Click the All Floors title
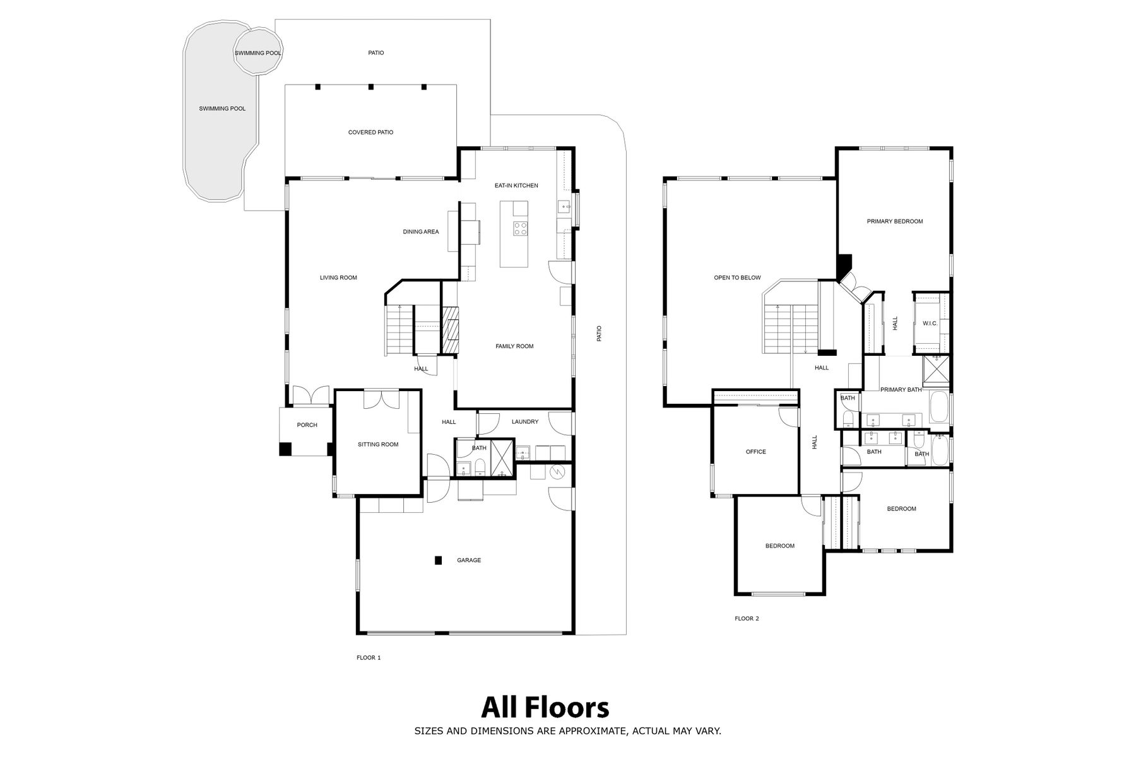click(x=545, y=707)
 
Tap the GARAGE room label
click(x=469, y=560)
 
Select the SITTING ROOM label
click(x=378, y=445)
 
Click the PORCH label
click(x=307, y=425)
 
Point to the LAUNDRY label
click(x=525, y=421)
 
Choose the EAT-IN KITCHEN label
click(x=516, y=185)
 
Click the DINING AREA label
click(x=421, y=232)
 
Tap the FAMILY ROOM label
click(x=514, y=346)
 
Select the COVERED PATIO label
click(x=370, y=132)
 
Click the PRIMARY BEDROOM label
click(x=895, y=221)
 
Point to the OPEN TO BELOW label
click(x=737, y=278)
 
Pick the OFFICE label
click(x=755, y=452)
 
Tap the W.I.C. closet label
click(x=930, y=324)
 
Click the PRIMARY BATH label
click(x=901, y=390)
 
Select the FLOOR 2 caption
click(x=747, y=619)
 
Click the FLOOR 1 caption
click(x=369, y=658)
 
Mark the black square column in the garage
click(x=438, y=560)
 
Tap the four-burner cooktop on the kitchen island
click(x=520, y=228)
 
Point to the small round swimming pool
click(x=258, y=52)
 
